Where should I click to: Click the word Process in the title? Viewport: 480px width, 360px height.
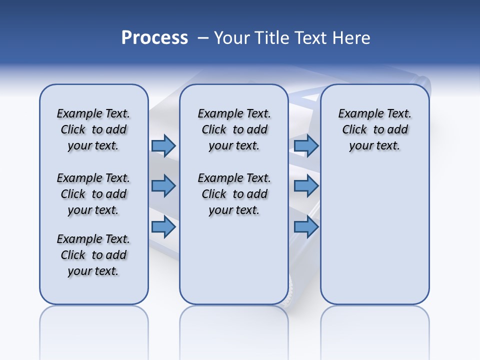[x=154, y=37]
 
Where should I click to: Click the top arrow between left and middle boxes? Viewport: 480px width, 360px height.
[x=163, y=145]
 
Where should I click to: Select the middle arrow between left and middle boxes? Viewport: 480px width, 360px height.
[x=163, y=186]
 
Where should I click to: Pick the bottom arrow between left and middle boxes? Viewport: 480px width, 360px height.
[x=163, y=227]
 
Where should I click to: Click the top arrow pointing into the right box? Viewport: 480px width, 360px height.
[x=306, y=145]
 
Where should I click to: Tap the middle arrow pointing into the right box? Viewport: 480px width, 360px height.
[x=306, y=186]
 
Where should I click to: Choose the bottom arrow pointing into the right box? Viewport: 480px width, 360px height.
[x=306, y=227]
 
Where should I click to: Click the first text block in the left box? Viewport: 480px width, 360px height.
[x=93, y=129]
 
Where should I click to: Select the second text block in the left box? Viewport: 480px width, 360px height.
[x=93, y=194]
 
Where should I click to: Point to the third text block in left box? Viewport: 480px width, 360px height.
[x=93, y=255]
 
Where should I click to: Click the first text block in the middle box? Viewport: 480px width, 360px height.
[x=234, y=129]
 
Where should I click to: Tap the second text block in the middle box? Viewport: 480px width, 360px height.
[x=234, y=194]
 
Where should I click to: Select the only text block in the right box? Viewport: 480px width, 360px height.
[x=374, y=129]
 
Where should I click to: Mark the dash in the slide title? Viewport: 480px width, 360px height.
[x=203, y=38]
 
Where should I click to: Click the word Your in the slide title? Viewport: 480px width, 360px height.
[x=231, y=38]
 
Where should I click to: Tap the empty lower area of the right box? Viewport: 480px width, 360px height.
[x=374, y=240]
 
